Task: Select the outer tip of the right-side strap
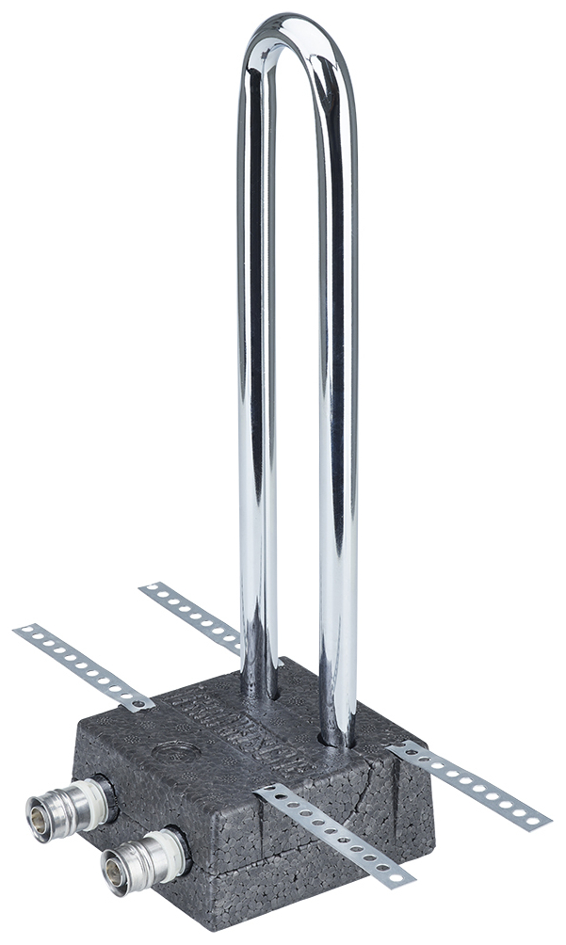click(x=542, y=823)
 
